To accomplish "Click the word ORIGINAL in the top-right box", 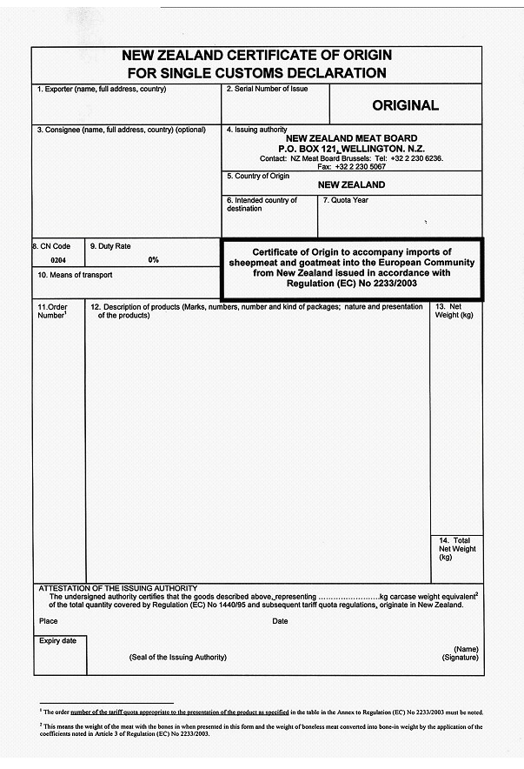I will [x=405, y=106].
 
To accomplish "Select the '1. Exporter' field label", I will [x=101, y=90].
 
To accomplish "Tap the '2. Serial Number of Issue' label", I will [x=267, y=90].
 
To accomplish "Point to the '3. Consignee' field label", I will [x=121, y=130].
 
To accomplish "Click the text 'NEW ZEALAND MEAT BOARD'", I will [x=351, y=139].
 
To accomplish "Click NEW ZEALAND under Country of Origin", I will [x=351, y=184].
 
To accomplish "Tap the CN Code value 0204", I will [x=58, y=260].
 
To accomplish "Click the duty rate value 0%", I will [x=154, y=259].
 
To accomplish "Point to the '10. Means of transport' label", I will [x=75, y=275].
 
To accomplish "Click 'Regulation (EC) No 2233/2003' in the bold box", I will [x=351, y=283].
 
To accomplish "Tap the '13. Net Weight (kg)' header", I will [x=454, y=311].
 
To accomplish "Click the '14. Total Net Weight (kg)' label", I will [x=457, y=549].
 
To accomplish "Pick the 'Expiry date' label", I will [x=57, y=641].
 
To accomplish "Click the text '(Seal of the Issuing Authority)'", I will [x=177, y=657].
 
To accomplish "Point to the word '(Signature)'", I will [x=460, y=659].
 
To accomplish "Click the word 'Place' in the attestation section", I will [x=49, y=621].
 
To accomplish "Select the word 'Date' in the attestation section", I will [x=280, y=621].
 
